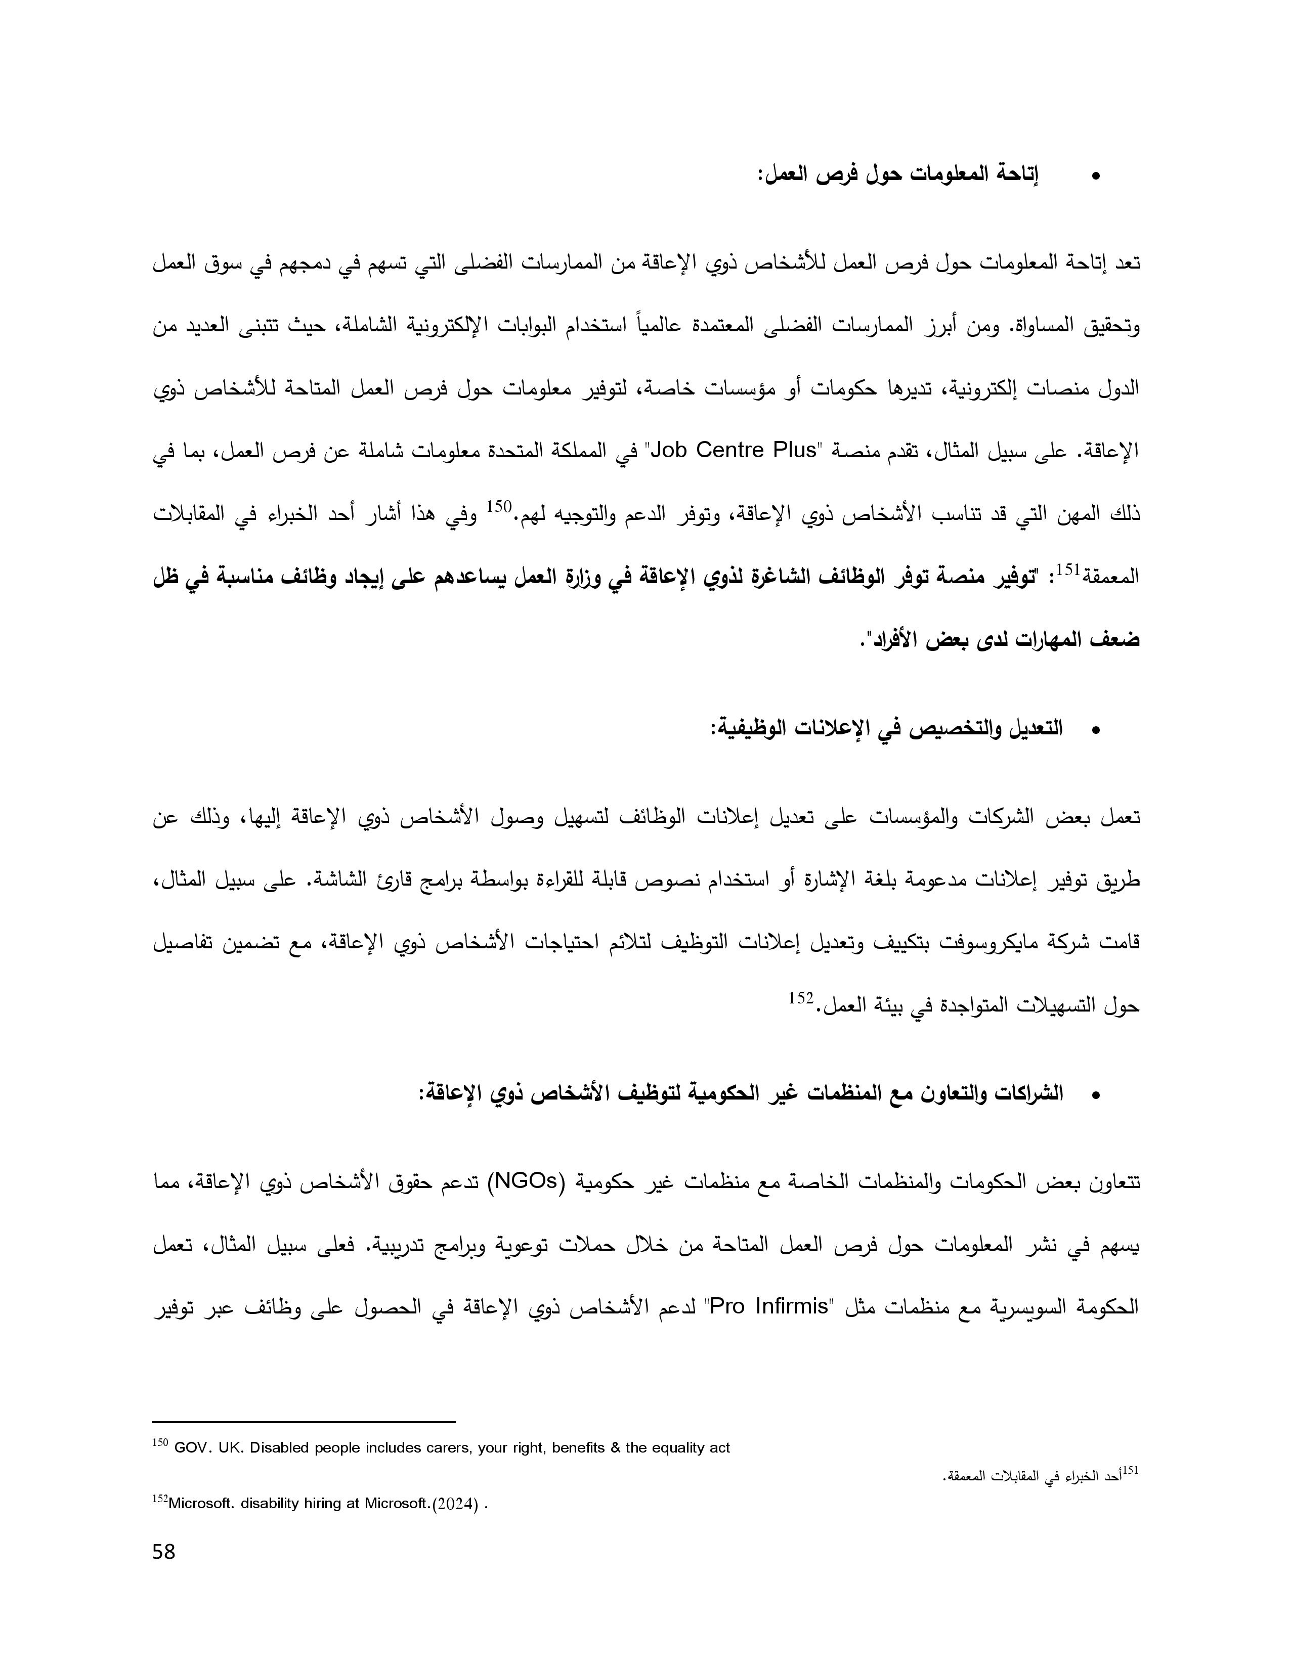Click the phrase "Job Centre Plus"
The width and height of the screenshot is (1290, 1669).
click(733, 450)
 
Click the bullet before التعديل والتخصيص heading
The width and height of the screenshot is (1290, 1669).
click(1096, 731)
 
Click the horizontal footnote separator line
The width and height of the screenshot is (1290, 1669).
click(304, 1422)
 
